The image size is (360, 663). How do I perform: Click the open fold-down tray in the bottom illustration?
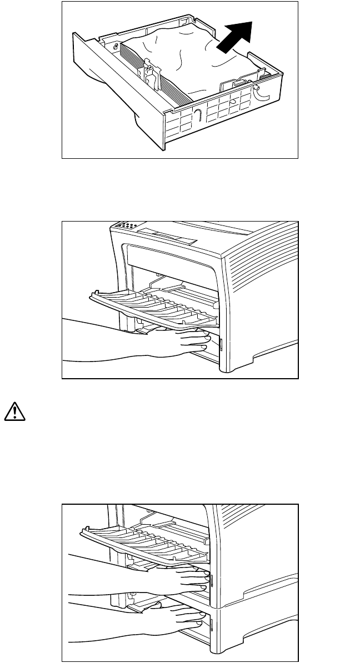point(144,541)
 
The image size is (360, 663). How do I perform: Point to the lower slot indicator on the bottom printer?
point(213,627)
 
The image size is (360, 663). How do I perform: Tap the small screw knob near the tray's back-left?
point(116,47)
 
